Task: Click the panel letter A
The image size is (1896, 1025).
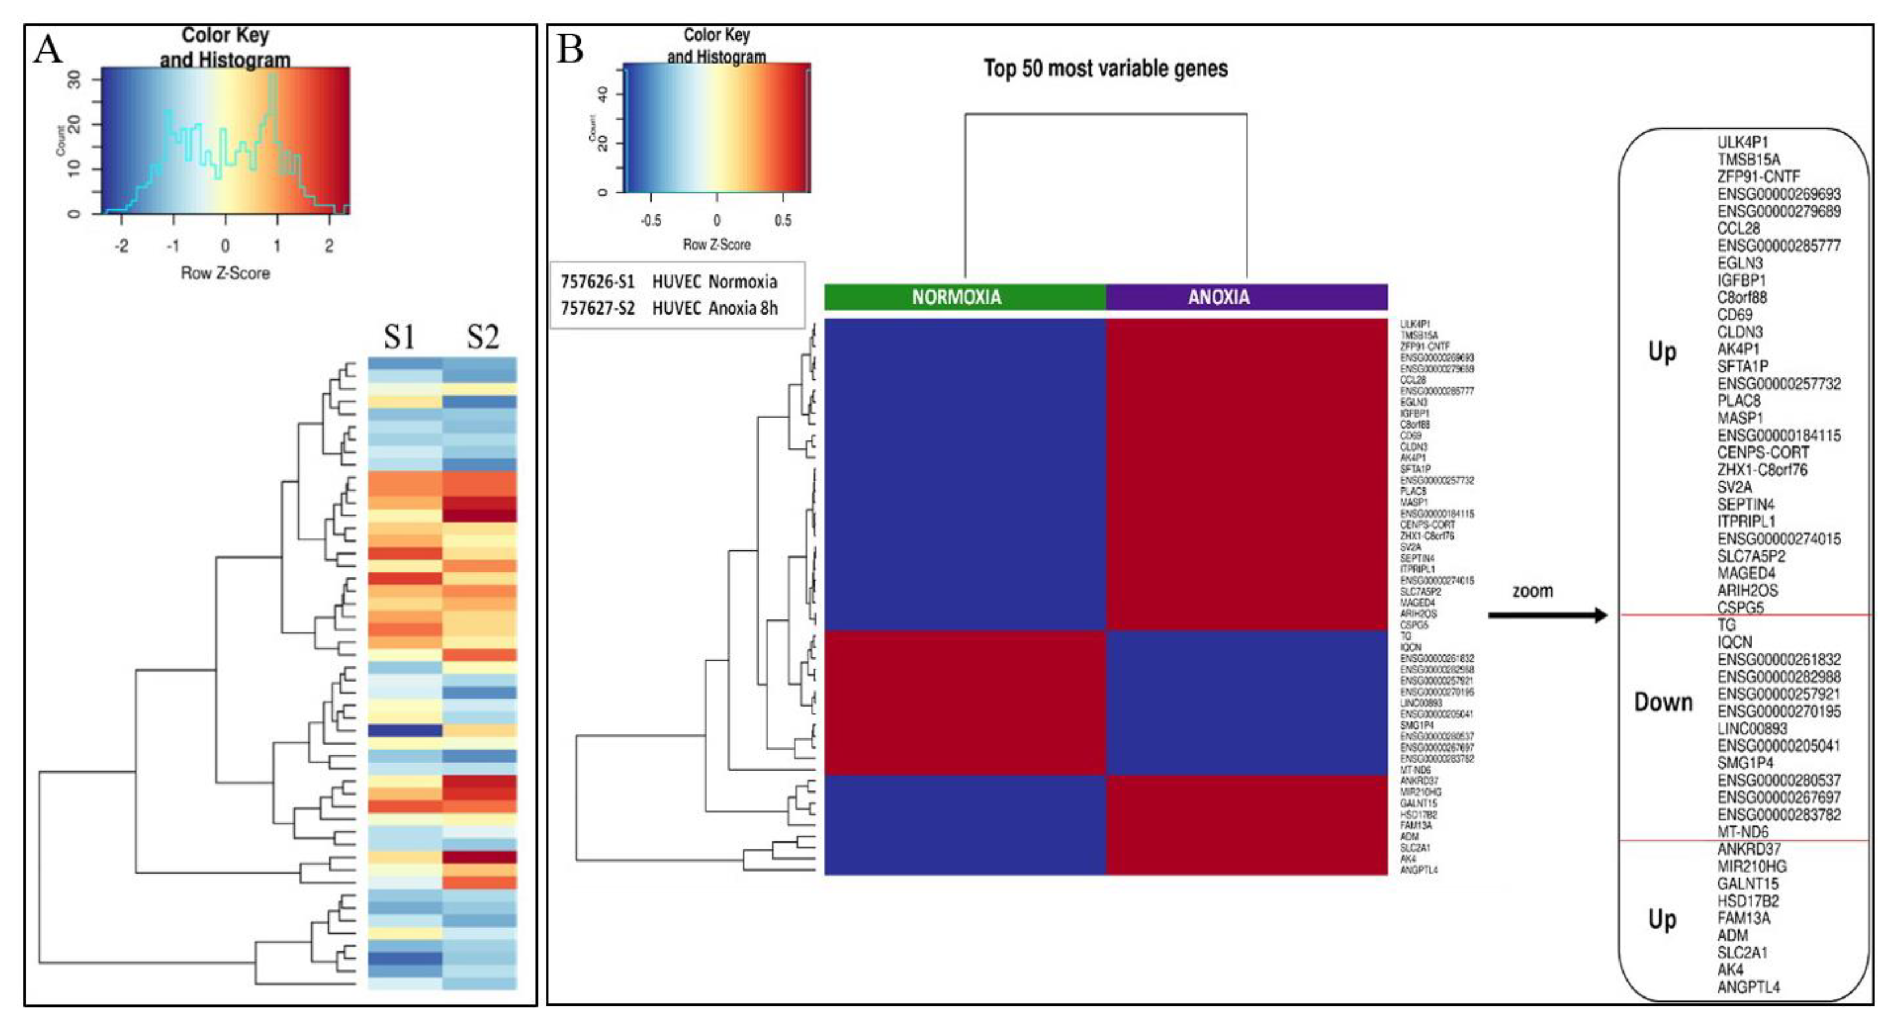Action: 48,50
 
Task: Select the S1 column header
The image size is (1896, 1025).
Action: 400,336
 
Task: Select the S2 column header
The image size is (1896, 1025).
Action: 483,336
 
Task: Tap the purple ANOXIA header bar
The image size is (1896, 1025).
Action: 1246,297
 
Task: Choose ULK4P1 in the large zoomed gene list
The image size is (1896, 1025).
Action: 1742,142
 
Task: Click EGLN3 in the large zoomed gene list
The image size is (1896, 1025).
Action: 1740,263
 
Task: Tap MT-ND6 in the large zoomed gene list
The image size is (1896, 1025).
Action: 1743,832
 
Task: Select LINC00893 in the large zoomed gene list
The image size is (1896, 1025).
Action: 1752,728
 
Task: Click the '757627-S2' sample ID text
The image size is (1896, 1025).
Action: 597,308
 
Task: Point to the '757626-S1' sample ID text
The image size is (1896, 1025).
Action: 597,282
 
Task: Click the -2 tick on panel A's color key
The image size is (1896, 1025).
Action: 121,246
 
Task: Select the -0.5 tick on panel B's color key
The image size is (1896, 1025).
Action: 650,220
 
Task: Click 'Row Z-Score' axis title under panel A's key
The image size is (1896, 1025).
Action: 225,273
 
